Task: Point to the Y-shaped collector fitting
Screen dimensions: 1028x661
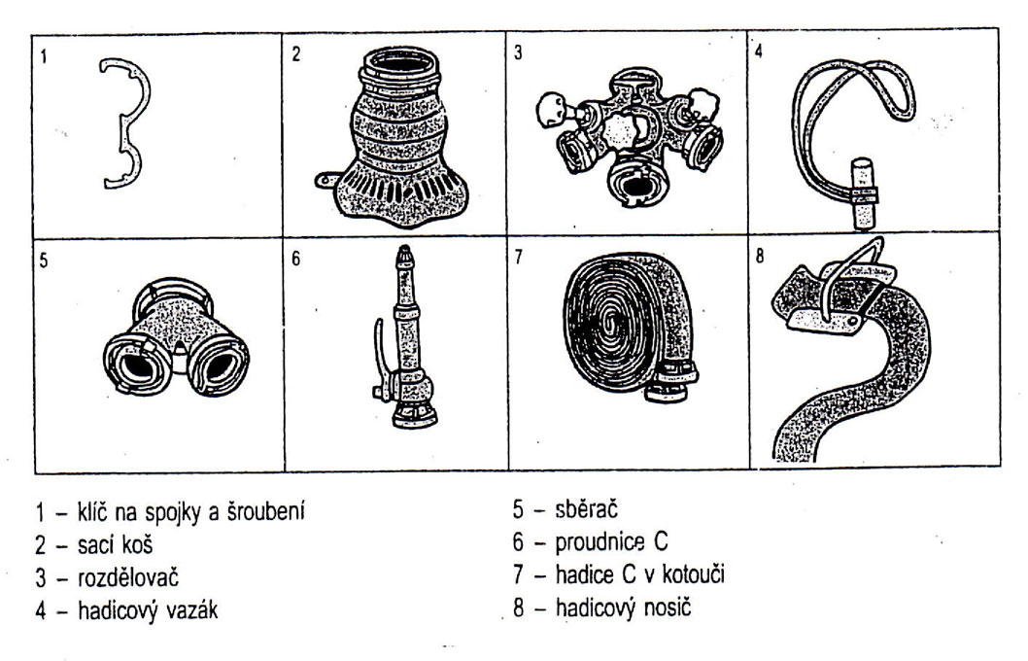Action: tap(176, 341)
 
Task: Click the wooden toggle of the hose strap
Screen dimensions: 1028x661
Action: tap(864, 193)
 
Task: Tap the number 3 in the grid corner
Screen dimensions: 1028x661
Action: tap(518, 53)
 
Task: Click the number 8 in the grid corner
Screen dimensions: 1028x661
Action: tap(760, 256)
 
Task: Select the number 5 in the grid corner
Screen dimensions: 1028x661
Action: tap(44, 261)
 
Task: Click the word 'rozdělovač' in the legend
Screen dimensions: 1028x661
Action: tap(128, 577)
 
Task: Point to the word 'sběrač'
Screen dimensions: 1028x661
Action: tap(586, 509)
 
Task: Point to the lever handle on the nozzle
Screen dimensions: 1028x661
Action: tap(378, 361)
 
